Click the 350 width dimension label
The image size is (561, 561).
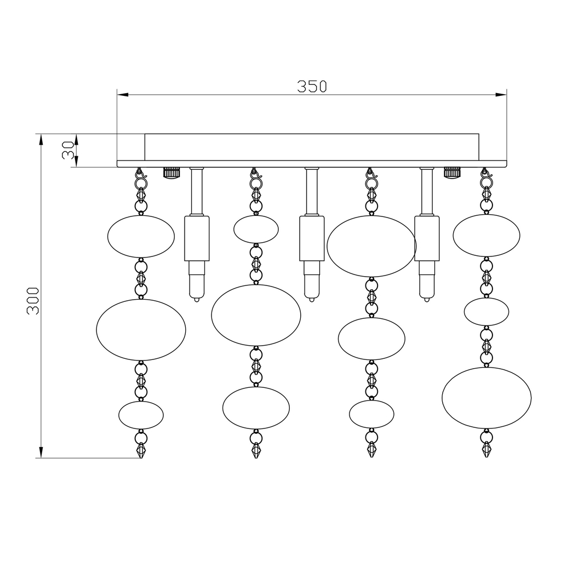tap(312, 86)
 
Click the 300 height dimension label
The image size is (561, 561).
tap(32, 300)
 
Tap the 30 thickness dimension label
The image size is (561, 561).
tap(68, 150)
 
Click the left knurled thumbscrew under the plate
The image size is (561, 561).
tap(171, 173)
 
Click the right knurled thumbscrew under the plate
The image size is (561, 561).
tap(452, 173)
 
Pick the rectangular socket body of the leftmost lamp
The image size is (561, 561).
tap(197, 238)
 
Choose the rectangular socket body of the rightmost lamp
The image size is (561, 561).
tap(427, 238)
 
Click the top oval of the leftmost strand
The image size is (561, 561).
tap(141, 237)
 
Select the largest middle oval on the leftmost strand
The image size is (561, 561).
tap(141, 329)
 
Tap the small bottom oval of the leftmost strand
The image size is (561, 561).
tap(141, 415)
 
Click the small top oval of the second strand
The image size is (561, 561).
tap(256, 229)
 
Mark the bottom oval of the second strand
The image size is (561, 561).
tap(256, 408)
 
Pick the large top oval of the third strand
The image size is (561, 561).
tap(371, 246)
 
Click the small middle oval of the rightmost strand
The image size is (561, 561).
tap(486, 312)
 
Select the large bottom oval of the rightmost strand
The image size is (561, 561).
tap(486, 398)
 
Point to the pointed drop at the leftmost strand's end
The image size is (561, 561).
tap(141, 450)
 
